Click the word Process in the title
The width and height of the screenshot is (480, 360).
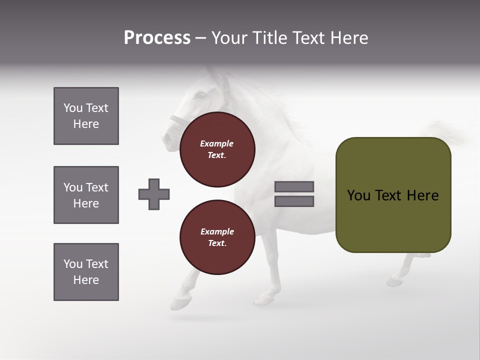[x=157, y=38]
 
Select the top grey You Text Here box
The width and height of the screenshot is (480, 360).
[x=86, y=116]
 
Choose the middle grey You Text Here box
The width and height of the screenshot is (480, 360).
[x=86, y=195]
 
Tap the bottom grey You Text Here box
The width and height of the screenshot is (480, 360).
[x=86, y=272]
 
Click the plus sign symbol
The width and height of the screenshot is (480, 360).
[x=154, y=194]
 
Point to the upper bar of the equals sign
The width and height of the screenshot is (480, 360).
[x=294, y=186]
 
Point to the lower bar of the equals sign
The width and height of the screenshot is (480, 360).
[x=294, y=201]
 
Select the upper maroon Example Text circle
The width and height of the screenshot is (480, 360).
[x=217, y=149]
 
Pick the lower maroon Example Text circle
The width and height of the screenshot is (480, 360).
[x=217, y=237]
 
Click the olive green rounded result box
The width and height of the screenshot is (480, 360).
[x=393, y=195]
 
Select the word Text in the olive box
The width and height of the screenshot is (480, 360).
[x=388, y=195]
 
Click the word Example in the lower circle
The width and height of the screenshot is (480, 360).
[x=217, y=231]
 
